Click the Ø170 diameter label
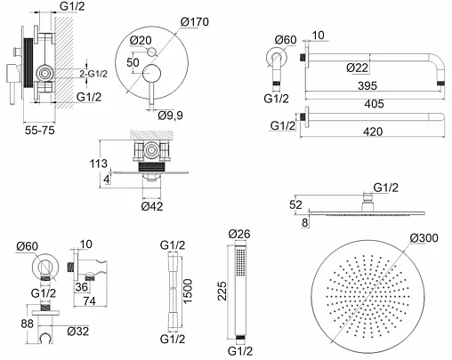pos(195,21)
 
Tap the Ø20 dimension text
pos(141,40)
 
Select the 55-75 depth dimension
pos(40,131)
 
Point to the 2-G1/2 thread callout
pos(93,74)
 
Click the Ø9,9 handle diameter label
pos(171,116)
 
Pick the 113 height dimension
pos(98,164)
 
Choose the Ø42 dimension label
pos(152,206)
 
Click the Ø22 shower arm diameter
pos(358,68)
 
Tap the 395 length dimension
pos(367,86)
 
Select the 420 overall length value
pos(373,132)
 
